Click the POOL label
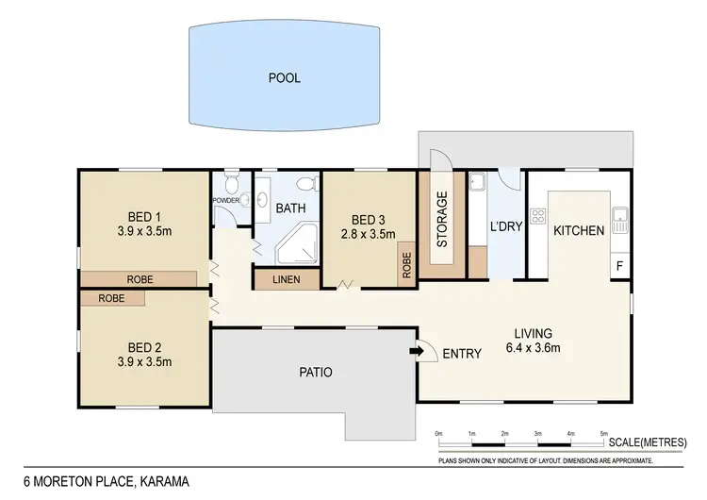coord(284,78)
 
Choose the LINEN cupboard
coord(286,279)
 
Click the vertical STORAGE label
coord(442,219)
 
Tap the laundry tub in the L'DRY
coord(477,182)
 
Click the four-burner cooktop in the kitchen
coord(538,217)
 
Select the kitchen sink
coord(619,221)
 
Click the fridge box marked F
coord(619,267)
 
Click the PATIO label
coord(315,372)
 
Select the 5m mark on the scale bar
coord(603,433)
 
